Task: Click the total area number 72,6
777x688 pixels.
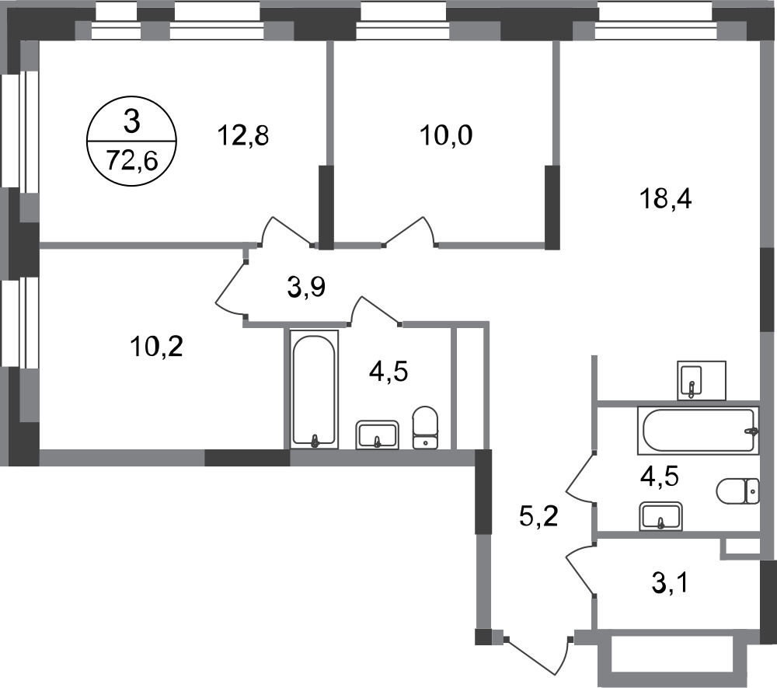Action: (132, 161)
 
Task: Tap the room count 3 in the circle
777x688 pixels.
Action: (132, 122)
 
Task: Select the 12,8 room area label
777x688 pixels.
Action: (242, 135)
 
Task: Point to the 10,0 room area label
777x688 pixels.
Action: (446, 135)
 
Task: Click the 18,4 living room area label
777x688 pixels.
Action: (666, 201)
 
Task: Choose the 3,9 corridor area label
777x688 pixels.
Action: (306, 287)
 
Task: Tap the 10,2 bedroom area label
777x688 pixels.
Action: (157, 347)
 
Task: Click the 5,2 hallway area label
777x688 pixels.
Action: (538, 517)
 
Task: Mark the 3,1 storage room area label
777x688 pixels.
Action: (670, 583)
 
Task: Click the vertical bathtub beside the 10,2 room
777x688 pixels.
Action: (314, 389)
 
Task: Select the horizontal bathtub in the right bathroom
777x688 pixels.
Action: (699, 430)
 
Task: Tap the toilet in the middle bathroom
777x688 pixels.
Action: (426, 428)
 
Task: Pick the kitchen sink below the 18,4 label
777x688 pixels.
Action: (701, 380)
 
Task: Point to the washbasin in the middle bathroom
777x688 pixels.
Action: (377, 435)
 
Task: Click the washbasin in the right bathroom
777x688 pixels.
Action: (661, 516)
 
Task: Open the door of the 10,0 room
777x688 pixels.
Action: (410, 231)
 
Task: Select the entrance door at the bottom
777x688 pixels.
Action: (537, 657)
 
